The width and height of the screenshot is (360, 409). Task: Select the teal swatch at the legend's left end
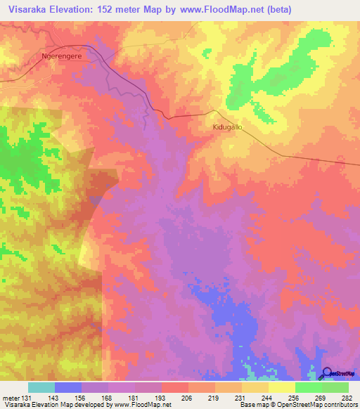(41, 387)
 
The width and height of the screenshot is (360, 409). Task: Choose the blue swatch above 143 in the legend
(68, 387)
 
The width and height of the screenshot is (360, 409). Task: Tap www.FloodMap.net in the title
(216, 9)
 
